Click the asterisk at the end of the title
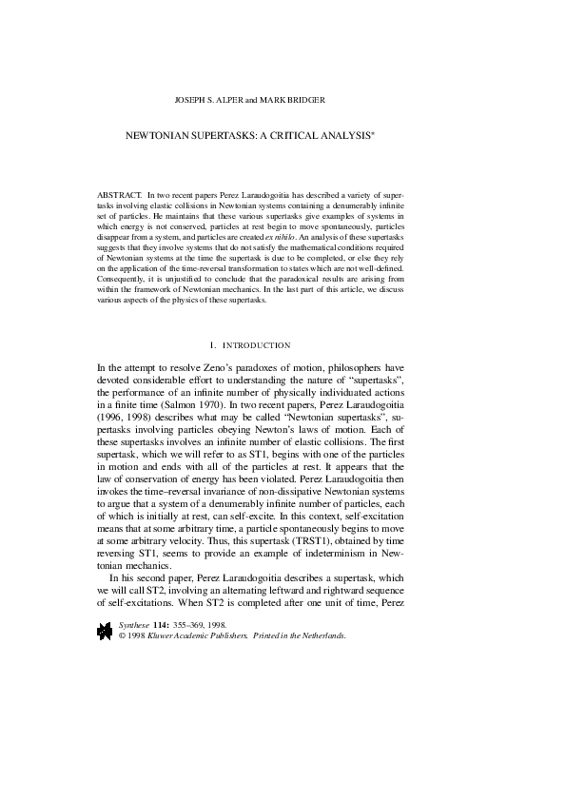374,134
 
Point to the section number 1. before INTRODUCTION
212,344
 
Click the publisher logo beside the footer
103,630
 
